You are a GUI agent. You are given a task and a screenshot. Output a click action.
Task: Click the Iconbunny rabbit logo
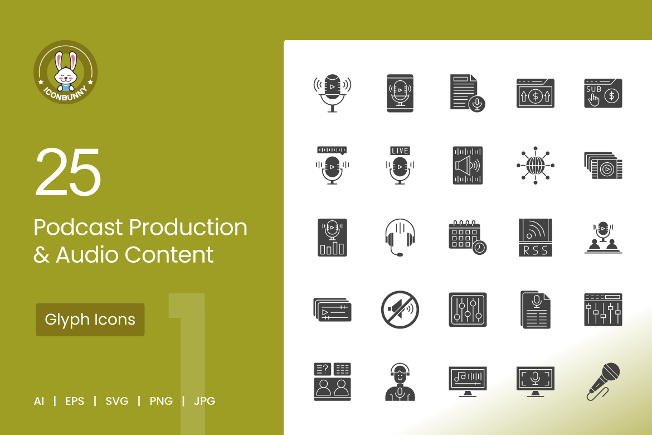pyautogui.click(x=66, y=72)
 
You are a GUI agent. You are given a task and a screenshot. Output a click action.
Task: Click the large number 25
pyautogui.click(x=68, y=172)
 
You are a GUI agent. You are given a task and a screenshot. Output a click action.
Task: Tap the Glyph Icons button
pyautogui.click(x=90, y=320)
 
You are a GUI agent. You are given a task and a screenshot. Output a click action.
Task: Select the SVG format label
pyautogui.click(x=117, y=401)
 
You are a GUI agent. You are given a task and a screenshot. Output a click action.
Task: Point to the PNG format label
pyautogui.click(x=161, y=401)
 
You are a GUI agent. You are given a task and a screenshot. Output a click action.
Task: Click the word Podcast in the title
pyautogui.click(x=79, y=228)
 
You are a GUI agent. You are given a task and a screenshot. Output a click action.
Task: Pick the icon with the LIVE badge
pyautogui.click(x=400, y=165)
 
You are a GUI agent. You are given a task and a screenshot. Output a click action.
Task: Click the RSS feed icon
pyautogui.click(x=536, y=238)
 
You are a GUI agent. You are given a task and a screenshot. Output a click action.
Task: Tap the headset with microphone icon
pyautogui.click(x=400, y=238)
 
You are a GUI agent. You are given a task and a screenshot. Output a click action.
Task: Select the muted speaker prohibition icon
pyautogui.click(x=400, y=310)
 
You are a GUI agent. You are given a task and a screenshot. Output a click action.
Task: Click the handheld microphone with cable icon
pyautogui.click(x=604, y=381)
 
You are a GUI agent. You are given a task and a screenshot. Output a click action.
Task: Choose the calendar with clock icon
pyautogui.click(x=468, y=238)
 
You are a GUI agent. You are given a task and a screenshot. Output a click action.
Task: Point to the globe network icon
pyautogui.click(x=536, y=165)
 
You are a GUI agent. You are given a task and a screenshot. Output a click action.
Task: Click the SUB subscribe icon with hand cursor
pyautogui.click(x=604, y=93)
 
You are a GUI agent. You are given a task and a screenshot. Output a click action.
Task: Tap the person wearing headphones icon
pyautogui.click(x=400, y=381)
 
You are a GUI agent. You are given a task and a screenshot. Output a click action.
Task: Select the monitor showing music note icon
pyautogui.click(x=468, y=381)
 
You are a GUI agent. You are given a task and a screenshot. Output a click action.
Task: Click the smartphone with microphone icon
pyautogui.click(x=400, y=93)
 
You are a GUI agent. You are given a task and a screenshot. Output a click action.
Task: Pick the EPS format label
pyautogui.click(x=75, y=401)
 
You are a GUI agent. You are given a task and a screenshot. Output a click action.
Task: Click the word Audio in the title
pyautogui.click(x=87, y=255)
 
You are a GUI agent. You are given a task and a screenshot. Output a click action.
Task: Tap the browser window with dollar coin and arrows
pyautogui.click(x=536, y=93)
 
